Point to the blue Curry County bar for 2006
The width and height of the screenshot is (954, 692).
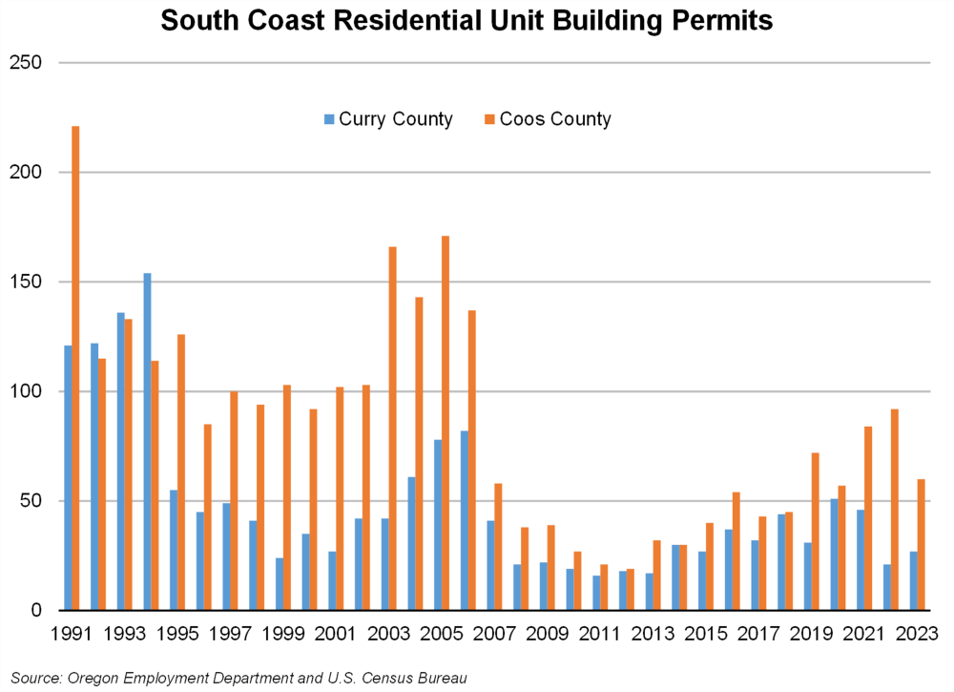464,520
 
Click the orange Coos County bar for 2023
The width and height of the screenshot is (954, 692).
921,544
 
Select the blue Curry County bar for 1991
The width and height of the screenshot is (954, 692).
68,477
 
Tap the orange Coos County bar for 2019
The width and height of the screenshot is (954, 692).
816,531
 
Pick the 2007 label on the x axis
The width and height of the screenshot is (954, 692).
494,633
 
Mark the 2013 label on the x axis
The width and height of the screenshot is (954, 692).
653,633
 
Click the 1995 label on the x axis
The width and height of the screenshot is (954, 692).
177,633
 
